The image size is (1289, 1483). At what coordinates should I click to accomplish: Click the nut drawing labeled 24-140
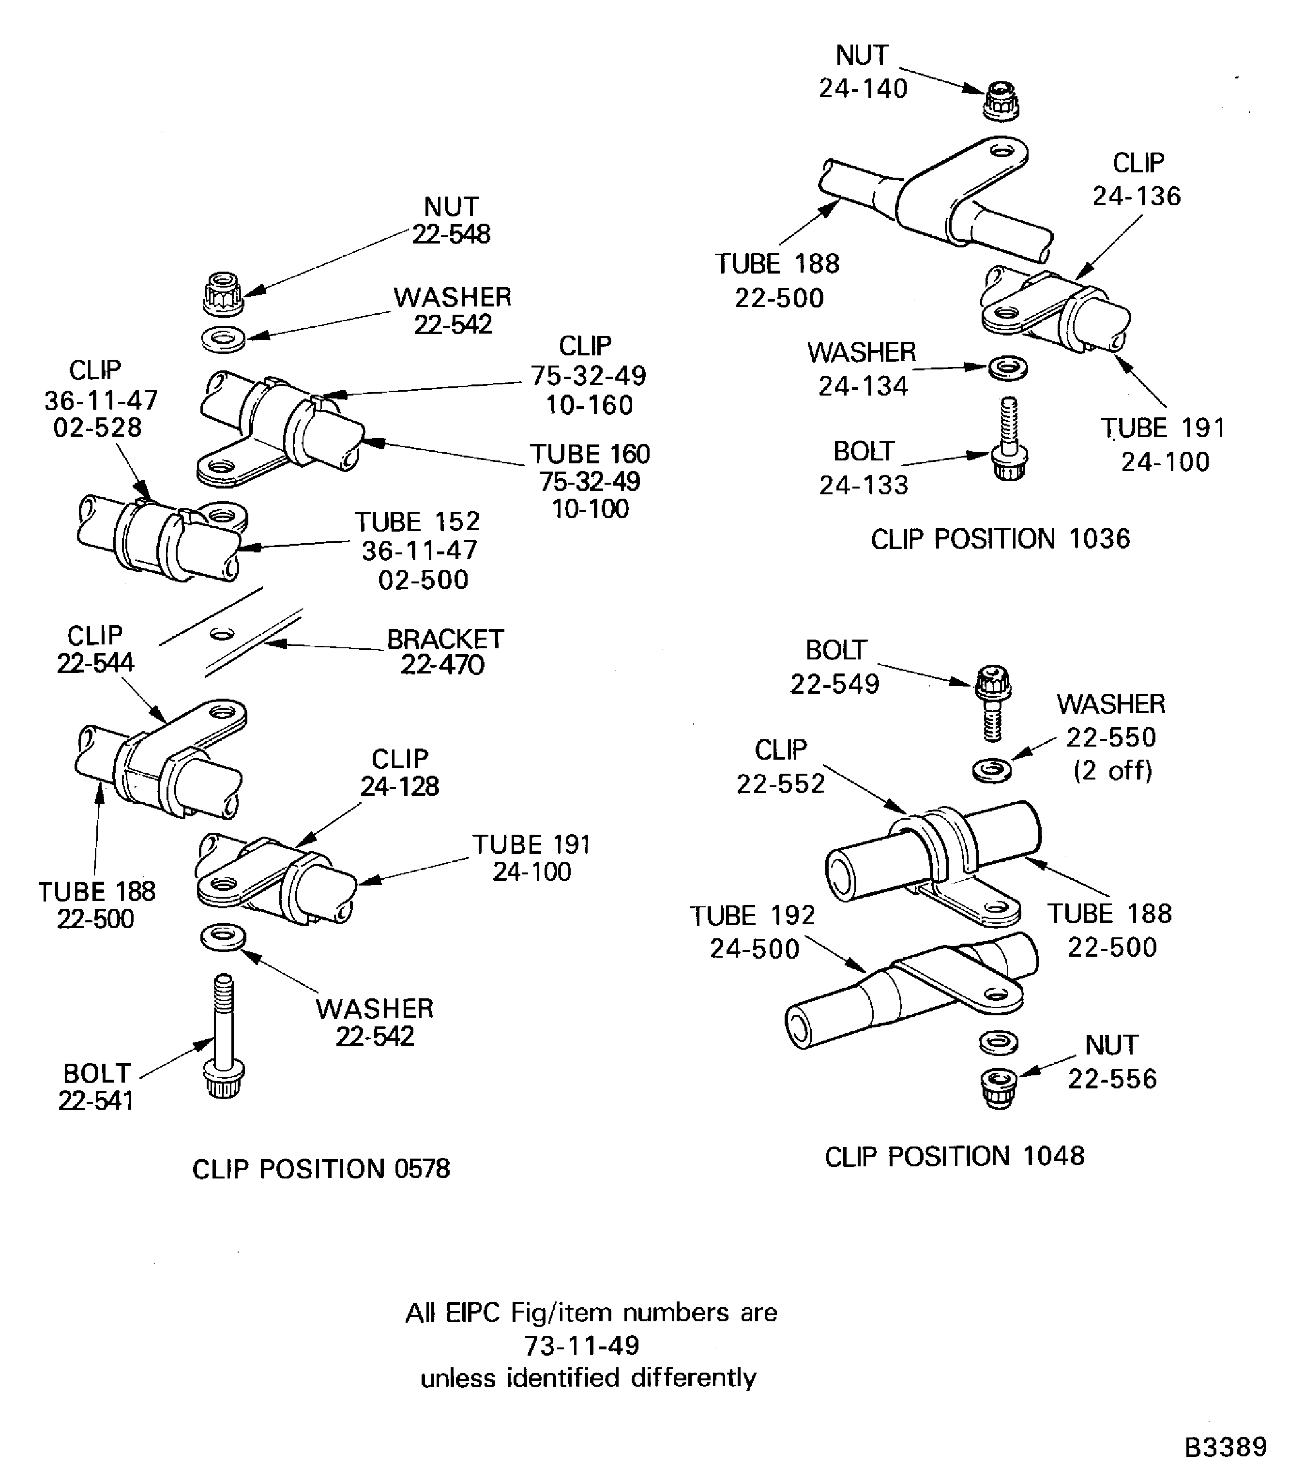point(1001,101)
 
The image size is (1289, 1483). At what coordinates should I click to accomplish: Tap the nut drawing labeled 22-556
point(999,1087)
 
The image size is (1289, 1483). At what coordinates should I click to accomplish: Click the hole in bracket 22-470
point(222,634)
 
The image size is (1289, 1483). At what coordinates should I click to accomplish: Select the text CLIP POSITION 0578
point(321,1169)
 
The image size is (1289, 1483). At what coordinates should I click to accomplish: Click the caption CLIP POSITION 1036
point(1000,539)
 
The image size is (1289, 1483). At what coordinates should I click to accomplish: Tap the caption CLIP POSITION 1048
point(954,1156)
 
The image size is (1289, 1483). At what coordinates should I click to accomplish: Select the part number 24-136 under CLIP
point(1137,196)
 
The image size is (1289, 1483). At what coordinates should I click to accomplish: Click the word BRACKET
point(445,639)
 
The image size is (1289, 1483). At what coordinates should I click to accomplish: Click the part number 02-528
point(98,428)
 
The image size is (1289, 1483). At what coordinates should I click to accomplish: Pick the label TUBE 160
point(590,454)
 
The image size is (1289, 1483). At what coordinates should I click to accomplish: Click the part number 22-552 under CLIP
point(780,783)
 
